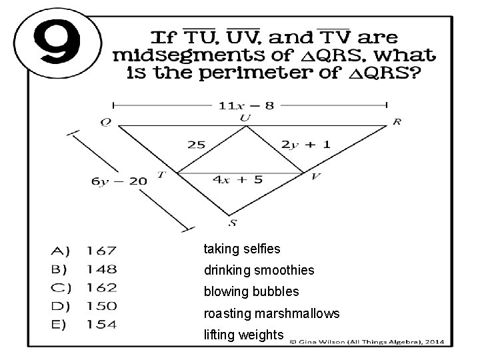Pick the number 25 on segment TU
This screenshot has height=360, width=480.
click(x=196, y=144)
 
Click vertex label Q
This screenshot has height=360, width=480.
click(x=106, y=122)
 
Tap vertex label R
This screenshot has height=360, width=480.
click(x=397, y=122)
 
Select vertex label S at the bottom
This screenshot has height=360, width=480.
click(x=232, y=223)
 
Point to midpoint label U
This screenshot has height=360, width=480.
click(x=246, y=118)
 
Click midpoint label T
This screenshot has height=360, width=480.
click(x=161, y=175)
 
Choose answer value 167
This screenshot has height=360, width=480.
click(x=101, y=251)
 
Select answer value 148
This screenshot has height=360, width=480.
click(x=101, y=269)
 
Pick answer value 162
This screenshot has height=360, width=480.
click(x=101, y=288)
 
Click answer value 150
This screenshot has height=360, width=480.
click(x=101, y=306)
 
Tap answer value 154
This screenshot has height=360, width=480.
click(x=101, y=325)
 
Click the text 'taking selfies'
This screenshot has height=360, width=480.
click(x=242, y=249)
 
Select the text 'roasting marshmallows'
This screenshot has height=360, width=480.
click(x=271, y=313)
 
